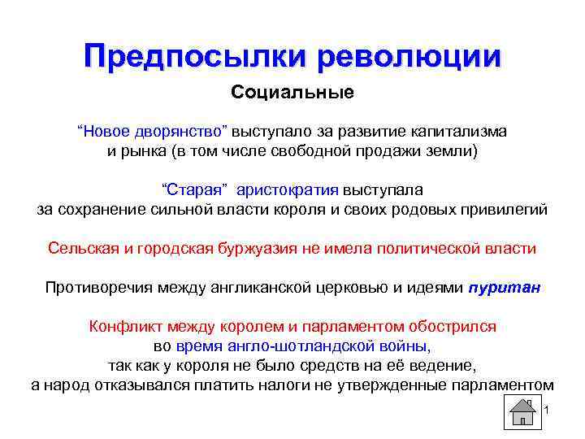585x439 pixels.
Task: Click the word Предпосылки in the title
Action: point(195,56)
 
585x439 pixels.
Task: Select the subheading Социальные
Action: point(292,92)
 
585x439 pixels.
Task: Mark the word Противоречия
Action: point(94,287)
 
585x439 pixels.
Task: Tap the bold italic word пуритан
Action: point(505,287)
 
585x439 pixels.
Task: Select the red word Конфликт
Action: point(124,327)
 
